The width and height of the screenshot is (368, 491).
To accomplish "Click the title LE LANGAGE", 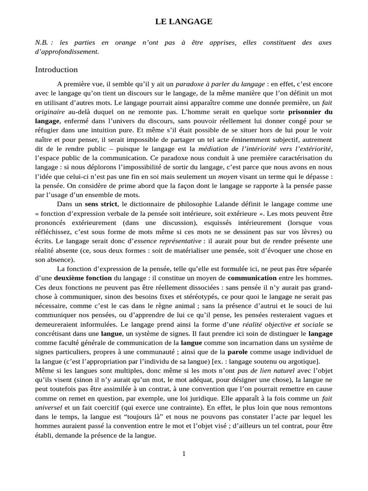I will coord(184,22).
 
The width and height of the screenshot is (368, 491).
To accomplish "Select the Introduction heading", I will coord(56,70).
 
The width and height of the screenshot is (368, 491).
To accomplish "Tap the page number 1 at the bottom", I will coord(184,454).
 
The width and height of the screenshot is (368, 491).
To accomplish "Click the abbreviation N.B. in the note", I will coord(42,43).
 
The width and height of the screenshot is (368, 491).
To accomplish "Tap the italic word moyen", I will coord(228,176).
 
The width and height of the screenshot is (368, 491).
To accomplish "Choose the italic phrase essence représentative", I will coord(167,241).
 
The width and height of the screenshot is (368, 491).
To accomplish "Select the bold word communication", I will coord(252,278).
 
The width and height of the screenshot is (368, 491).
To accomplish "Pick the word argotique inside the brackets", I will coord(300,361).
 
